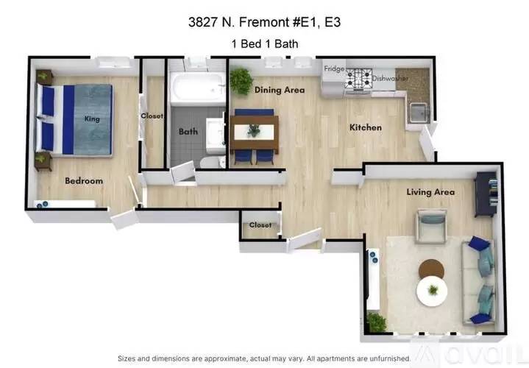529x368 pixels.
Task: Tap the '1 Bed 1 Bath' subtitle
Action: pyautogui.click(x=265, y=44)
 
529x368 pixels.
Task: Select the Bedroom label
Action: pyautogui.click(x=84, y=181)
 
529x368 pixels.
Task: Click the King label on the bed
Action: pyautogui.click(x=92, y=118)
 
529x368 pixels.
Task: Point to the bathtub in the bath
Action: pyautogui.click(x=198, y=87)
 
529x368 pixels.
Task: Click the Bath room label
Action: pyautogui.click(x=188, y=131)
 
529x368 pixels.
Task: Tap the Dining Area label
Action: pyautogui.click(x=280, y=90)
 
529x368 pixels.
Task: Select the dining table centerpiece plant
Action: pyautogui.click(x=254, y=130)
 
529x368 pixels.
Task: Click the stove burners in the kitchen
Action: pyautogui.click(x=358, y=78)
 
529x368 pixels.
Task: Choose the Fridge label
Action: pyautogui.click(x=334, y=69)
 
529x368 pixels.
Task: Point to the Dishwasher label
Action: pyautogui.click(x=390, y=78)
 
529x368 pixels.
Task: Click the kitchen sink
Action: pyautogui.click(x=419, y=113)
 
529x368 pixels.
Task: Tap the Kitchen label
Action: pyautogui.click(x=366, y=127)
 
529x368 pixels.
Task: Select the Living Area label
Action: pyautogui.click(x=430, y=192)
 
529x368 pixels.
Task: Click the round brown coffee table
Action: pyautogui.click(x=431, y=269)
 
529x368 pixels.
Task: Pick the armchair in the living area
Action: pyautogui.click(x=431, y=226)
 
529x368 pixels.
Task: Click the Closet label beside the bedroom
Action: pyautogui.click(x=152, y=116)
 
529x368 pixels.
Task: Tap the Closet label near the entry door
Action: pyautogui.click(x=260, y=225)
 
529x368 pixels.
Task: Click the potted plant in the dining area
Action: pyautogui.click(x=241, y=81)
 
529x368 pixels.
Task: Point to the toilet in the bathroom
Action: pyautogui.click(x=213, y=163)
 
